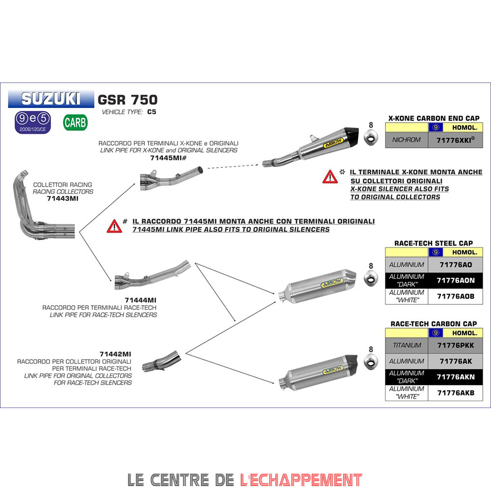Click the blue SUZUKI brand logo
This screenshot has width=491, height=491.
coord(51,99)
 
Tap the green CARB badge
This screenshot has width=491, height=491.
coord(75,122)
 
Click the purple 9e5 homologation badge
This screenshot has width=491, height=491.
coord(33,122)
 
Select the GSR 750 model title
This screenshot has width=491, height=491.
coord(128,100)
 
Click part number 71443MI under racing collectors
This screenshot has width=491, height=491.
coord(63,198)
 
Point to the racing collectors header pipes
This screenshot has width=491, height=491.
coord(41,207)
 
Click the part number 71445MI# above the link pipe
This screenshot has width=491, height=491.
coord(168,158)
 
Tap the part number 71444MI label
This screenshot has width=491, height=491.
coord(140,300)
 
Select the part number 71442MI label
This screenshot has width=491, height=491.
coord(115,354)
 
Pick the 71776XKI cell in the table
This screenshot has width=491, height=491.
coord(456,140)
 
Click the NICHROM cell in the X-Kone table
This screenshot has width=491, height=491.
coord(407,140)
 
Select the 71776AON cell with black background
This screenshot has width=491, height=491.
coord(456,280)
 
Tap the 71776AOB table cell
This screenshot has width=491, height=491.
coord(456,296)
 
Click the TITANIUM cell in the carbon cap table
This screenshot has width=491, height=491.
coord(407,345)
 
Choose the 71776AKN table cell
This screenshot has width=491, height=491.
coord(456,377)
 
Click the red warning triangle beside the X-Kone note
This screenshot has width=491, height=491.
coord(330,177)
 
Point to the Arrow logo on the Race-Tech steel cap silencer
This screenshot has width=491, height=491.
coord(332,283)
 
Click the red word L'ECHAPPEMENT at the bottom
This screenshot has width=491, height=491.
coord(301,480)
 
